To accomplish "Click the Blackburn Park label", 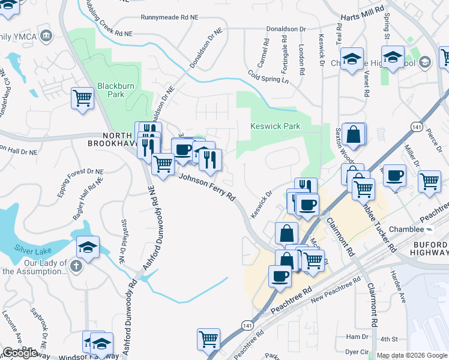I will click(x=107, y=90).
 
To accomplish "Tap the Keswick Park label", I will click(x=274, y=127).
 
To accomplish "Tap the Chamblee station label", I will click(x=411, y=229).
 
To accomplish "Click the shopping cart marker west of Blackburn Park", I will click(x=82, y=98).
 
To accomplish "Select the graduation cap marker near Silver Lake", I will click(x=88, y=247).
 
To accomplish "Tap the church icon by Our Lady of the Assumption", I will click(x=76, y=265).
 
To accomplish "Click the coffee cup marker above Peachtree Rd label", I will click(x=280, y=277).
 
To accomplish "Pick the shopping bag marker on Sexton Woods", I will click(x=354, y=135).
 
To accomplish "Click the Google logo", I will click(x=20, y=353).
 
